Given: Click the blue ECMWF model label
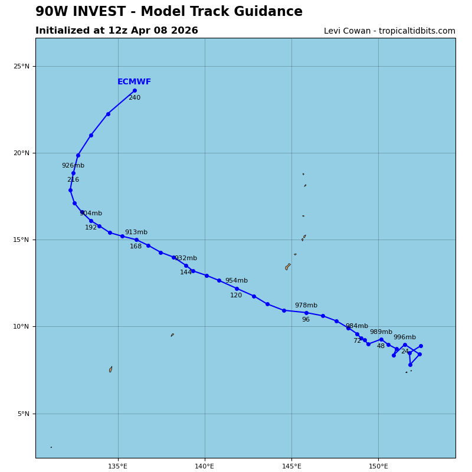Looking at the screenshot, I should [134, 82].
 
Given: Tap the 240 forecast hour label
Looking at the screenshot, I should [135, 98].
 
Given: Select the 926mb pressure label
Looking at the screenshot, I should [73, 166].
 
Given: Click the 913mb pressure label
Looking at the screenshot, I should [136, 232].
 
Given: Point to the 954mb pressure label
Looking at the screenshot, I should [237, 281].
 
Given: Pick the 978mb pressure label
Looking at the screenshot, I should [306, 306].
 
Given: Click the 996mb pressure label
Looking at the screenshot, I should [405, 337].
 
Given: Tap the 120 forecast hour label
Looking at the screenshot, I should [236, 296].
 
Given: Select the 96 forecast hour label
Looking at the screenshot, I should [306, 320].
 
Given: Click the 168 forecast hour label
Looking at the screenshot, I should [136, 247].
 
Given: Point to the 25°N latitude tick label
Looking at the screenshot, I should [21, 67].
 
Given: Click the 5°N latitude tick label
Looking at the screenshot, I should [23, 414].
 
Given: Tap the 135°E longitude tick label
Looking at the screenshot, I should [118, 467].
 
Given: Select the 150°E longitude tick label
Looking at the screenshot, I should [378, 467].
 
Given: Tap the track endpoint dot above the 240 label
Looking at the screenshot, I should [135, 90].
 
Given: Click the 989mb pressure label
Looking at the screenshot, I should [381, 332].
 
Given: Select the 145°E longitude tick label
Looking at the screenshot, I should [291, 467].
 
